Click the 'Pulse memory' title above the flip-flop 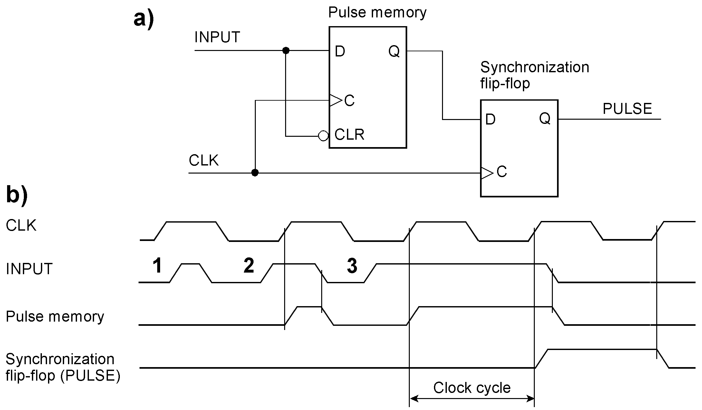(x=377, y=13)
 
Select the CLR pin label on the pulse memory (x=349, y=135)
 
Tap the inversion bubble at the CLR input (x=323, y=136)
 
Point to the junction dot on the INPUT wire (x=286, y=51)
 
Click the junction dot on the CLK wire (x=255, y=173)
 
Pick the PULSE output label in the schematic (x=627, y=109)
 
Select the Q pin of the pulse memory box (x=394, y=51)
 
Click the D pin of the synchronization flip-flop (x=490, y=120)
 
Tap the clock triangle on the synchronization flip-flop (x=487, y=173)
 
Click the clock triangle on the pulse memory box (x=335, y=101)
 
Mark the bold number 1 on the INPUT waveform (x=157, y=266)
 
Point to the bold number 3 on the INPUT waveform (x=352, y=266)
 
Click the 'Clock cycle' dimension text (x=472, y=388)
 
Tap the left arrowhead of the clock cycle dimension (x=414, y=399)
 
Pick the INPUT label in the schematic (x=217, y=37)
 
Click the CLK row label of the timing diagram (x=21, y=225)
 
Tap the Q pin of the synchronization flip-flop (x=545, y=119)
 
